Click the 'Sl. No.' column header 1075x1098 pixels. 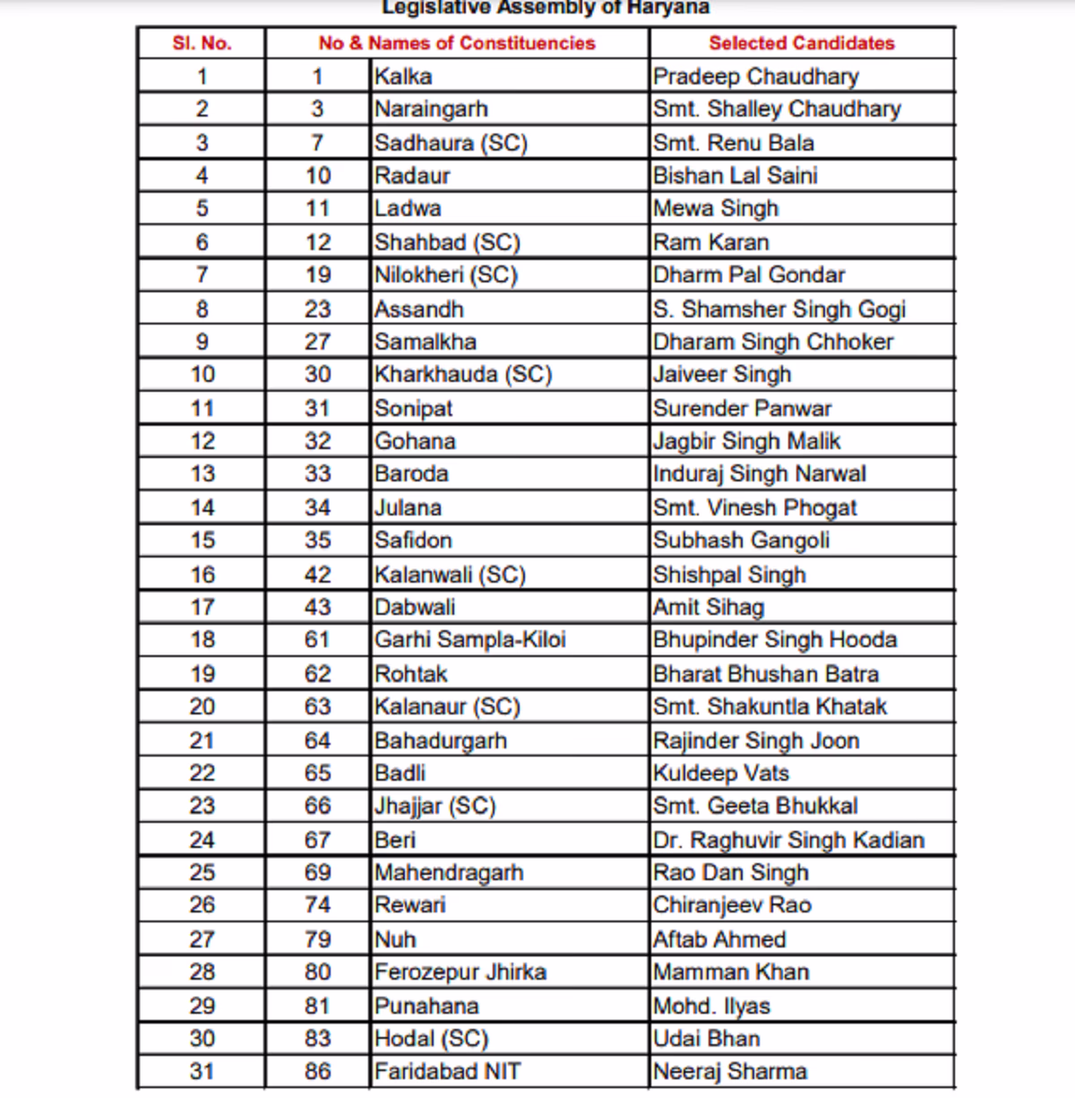(202, 43)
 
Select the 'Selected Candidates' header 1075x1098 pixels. (801, 43)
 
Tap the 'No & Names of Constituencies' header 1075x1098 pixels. (456, 43)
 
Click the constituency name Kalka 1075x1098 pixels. (403, 76)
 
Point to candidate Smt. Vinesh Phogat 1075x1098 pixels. (754, 507)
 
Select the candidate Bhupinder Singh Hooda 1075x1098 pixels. (774, 639)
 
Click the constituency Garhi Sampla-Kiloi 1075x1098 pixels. (469, 639)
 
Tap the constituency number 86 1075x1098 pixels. (317, 1071)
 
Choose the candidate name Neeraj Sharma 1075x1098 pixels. (729, 1071)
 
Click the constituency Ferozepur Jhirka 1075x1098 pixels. (460, 972)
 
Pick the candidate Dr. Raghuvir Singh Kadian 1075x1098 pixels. (788, 840)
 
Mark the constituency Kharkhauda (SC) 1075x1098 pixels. (462, 374)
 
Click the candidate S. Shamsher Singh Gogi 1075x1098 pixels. (778, 309)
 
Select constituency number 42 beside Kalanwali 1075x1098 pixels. (317, 575)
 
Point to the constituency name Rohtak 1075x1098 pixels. (410, 673)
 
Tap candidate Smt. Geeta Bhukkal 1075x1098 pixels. (754, 806)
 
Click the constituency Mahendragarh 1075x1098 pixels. (448, 872)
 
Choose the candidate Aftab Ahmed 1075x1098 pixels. (718, 939)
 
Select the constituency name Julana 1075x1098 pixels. (408, 507)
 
